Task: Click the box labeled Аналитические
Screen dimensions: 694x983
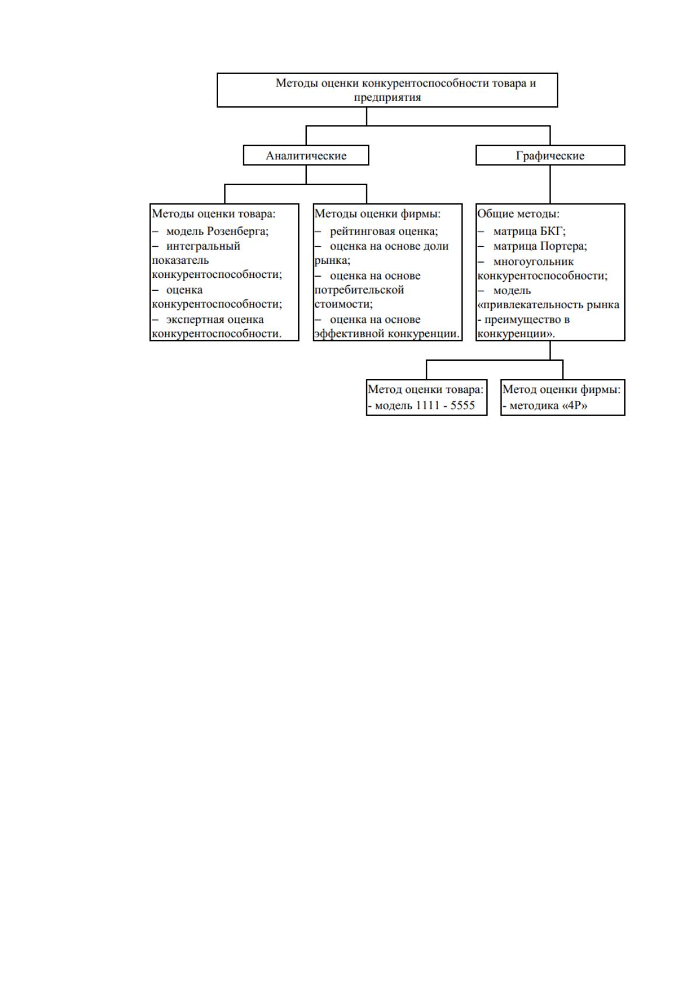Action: [306, 155]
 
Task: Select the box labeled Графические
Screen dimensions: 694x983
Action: [550, 155]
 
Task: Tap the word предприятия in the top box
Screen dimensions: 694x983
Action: [388, 97]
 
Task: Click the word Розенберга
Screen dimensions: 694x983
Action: [237, 231]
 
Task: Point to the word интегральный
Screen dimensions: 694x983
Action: [203, 246]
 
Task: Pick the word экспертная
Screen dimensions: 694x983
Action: [190, 319]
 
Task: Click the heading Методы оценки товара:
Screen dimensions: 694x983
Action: [213, 214]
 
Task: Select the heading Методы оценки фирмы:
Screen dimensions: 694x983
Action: [377, 214]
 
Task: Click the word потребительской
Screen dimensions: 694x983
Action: [359, 290]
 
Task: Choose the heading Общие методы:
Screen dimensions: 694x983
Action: [518, 214]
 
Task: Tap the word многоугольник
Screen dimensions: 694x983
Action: [534, 262]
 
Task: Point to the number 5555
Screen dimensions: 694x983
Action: [462, 405]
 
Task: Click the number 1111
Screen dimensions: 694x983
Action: [427, 405]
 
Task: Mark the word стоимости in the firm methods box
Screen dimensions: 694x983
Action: [344, 304]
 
